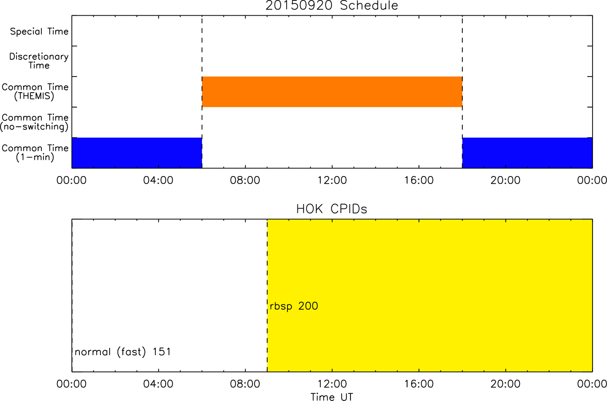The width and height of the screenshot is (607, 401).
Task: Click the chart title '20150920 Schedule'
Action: (332, 6)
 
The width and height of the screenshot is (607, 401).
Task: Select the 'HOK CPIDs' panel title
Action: (332, 209)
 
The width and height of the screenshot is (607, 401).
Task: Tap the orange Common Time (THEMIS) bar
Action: (332, 92)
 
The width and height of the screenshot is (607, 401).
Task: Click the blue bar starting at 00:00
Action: (137, 153)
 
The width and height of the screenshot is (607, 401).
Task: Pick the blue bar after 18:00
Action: (528, 153)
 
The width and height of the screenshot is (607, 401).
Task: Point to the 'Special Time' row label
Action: (39, 31)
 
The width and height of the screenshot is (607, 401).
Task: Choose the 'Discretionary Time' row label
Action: (39, 61)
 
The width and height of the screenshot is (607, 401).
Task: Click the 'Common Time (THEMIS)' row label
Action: (35, 91)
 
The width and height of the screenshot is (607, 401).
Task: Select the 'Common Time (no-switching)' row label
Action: (35, 122)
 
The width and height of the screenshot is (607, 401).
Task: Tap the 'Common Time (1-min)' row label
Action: (35, 153)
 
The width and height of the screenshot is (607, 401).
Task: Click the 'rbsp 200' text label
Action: (294, 306)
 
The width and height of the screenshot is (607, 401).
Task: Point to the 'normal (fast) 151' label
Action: (123, 352)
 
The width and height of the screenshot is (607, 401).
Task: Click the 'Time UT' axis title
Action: (332, 397)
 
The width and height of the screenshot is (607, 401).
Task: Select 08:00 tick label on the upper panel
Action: (245, 180)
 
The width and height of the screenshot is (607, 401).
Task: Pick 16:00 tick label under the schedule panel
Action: (419, 180)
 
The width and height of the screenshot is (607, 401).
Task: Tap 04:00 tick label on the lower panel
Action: (158, 384)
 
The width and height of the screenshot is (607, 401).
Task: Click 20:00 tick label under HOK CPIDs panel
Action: (506, 384)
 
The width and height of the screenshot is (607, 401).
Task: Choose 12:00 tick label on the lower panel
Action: (332, 384)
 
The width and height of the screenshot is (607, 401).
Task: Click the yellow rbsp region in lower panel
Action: (430, 296)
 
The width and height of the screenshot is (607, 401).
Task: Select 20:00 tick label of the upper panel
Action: (506, 180)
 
